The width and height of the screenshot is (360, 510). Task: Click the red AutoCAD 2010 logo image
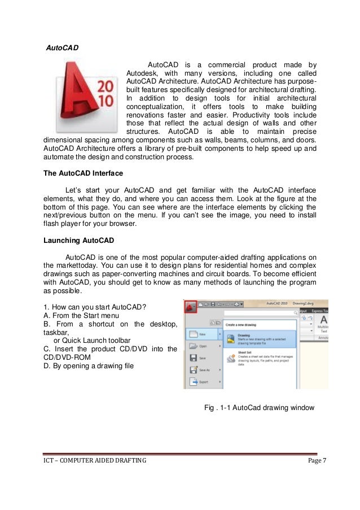click(x=85, y=97)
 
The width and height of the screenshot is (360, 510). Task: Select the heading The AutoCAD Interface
click(x=82, y=173)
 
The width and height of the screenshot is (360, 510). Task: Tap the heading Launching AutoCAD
click(x=78, y=241)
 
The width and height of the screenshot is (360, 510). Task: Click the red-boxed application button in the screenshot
click(x=191, y=307)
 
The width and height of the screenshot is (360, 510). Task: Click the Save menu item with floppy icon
click(x=202, y=358)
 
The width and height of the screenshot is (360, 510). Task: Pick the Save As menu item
click(x=203, y=370)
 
